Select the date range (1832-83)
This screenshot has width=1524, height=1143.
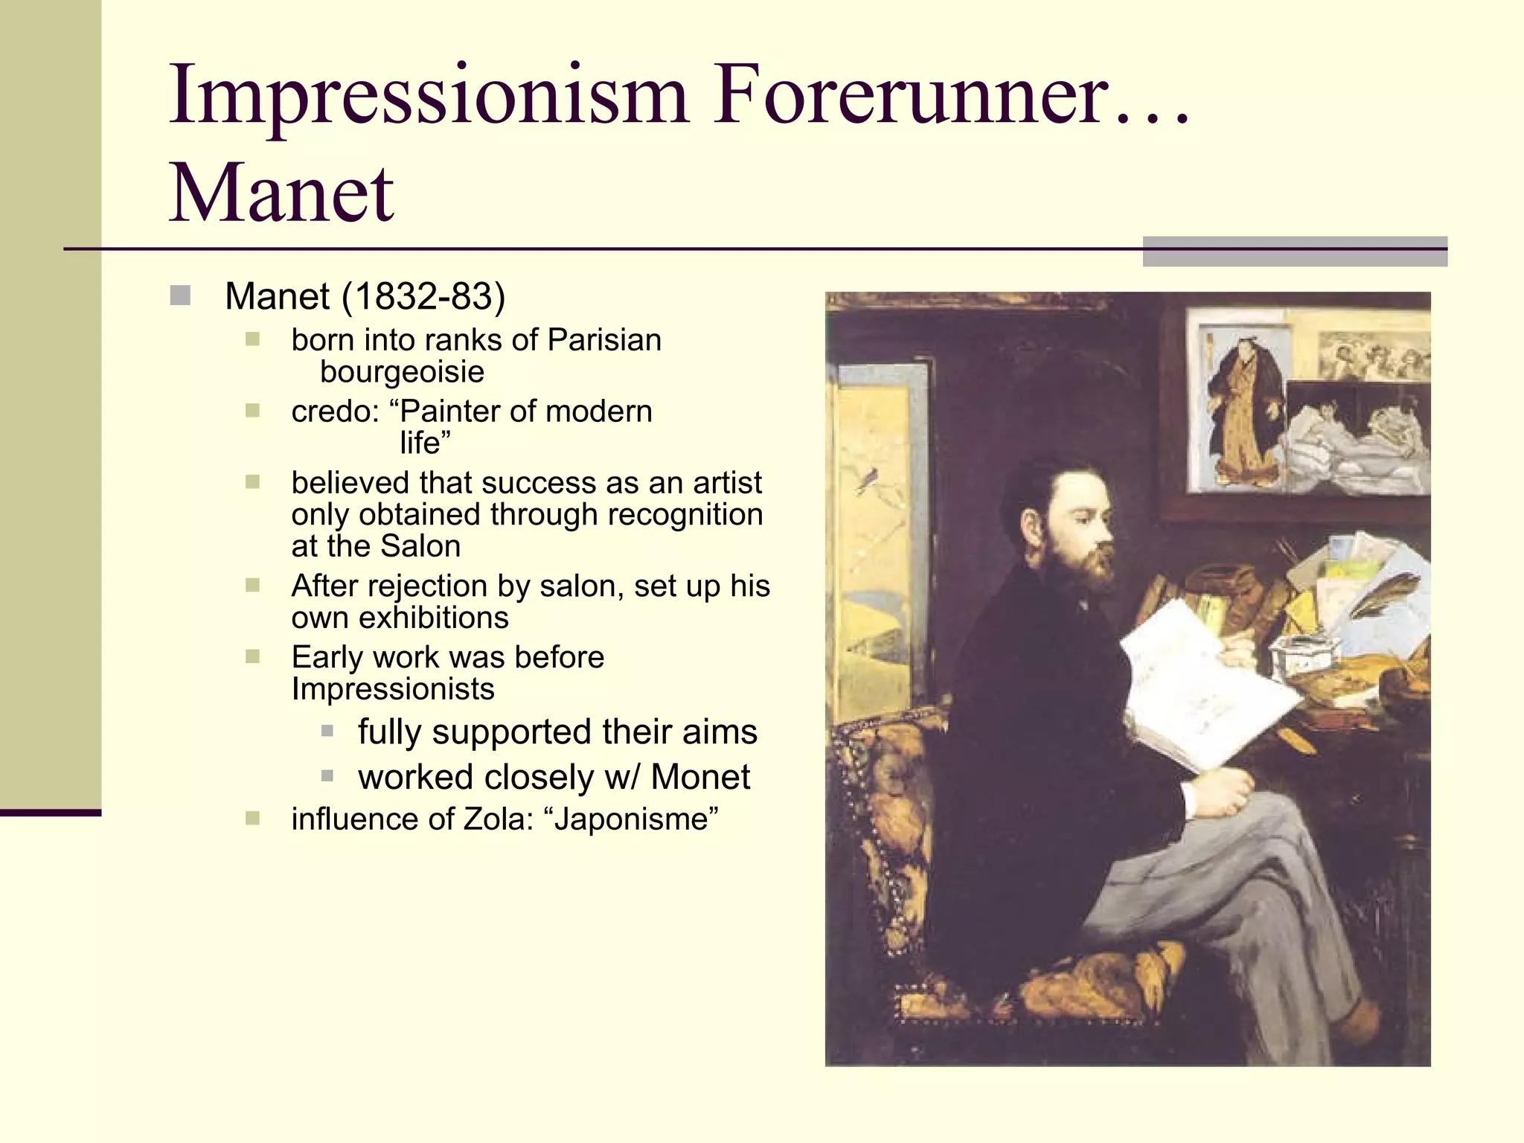point(423,296)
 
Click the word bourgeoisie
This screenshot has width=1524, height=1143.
point(402,371)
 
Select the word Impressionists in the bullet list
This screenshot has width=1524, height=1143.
point(393,689)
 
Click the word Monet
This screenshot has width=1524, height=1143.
point(700,778)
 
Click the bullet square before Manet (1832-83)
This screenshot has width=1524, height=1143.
point(180,296)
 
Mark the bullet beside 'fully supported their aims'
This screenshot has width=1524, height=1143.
point(327,731)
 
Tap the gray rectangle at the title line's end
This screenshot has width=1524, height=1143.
point(1295,252)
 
